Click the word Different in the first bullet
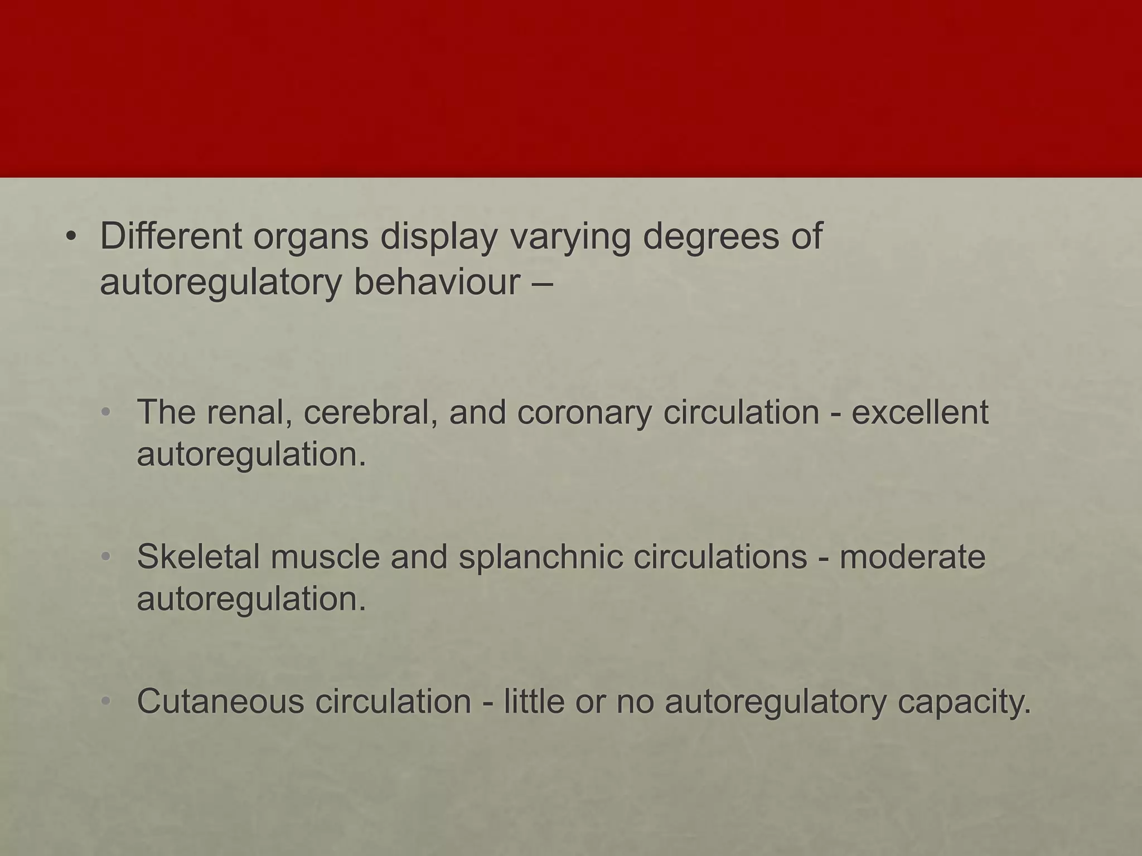[171, 236]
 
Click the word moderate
[913, 557]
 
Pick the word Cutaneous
[221, 701]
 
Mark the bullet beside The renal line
[107, 413]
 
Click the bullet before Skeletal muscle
[107, 557]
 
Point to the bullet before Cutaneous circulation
[107, 702]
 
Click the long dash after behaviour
[539, 283]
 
